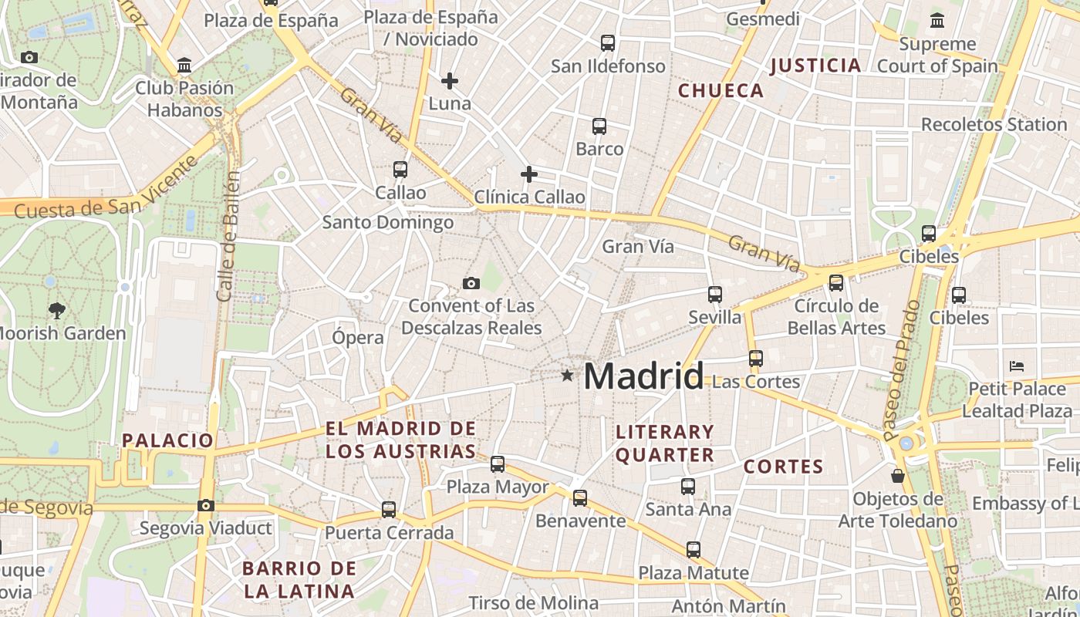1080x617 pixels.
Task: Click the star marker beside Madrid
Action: point(568,376)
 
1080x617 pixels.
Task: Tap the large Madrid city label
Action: point(643,376)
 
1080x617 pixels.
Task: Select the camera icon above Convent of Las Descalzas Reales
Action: point(471,283)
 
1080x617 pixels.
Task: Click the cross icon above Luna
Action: point(450,80)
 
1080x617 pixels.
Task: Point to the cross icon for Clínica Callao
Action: point(529,174)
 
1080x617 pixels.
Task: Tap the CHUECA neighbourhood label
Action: point(721,91)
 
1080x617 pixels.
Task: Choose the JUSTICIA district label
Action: point(815,66)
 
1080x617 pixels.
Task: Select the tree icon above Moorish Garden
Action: point(56,311)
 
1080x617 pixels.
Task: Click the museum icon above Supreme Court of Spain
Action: point(937,21)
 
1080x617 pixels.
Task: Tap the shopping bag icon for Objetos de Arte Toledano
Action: point(897,476)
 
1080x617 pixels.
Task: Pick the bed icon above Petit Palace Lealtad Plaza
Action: point(1017,366)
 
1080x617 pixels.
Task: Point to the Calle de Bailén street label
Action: point(229,236)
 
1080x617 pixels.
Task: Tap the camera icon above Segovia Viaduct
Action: point(205,505)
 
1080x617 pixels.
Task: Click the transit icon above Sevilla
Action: point(715,294)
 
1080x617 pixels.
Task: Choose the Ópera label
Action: point(358,338)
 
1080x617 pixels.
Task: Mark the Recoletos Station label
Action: point(994,124)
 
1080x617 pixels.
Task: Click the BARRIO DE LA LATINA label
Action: point(299,580)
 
